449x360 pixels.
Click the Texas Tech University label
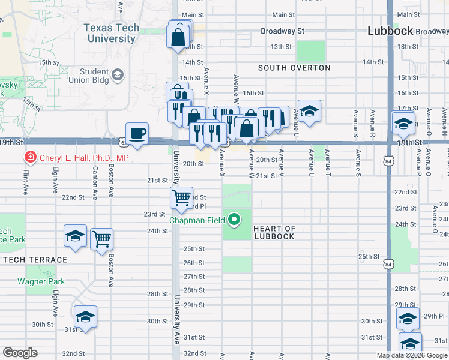click(x=111, y=33)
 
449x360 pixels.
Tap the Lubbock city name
click(x=390, y=31)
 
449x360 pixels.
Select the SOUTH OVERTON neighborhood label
click(x=294, y=68)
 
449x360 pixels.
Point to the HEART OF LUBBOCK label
click(x=274, y=232)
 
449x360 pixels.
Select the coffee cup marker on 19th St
click(x=137, y=134)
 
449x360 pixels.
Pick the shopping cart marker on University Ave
click(x=181, y=197)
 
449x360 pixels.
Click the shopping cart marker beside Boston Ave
click(x=102, y=239)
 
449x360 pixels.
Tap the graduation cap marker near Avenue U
click(x=309, y=111)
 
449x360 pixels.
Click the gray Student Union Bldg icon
click(x=118, y=75)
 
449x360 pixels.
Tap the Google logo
click(x=20, y=353)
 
